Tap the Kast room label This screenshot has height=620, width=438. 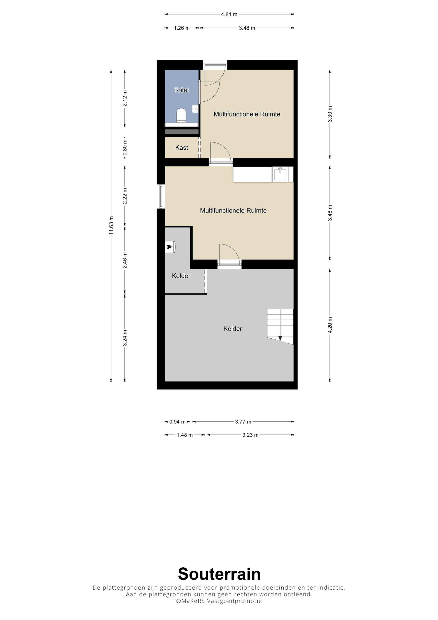[182, 147]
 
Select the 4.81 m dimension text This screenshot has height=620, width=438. [229, 14]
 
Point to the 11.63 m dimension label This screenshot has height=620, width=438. [111, 225]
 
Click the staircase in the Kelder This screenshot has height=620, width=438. [280, 326]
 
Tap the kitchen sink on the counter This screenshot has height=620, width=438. [280, 174]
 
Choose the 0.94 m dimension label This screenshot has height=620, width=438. [177, 422]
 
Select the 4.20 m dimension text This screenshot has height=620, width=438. [330, 325]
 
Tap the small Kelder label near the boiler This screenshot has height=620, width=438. [181, 276]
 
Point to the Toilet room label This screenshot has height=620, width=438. [181, 90]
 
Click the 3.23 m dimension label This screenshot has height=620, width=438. [250, 435]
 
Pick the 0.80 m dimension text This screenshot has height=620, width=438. [125, 148]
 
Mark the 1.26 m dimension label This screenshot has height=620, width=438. [182, 28]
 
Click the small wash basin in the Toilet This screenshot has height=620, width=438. [195, 109]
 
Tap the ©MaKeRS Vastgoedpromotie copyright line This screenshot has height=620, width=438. [219, 601]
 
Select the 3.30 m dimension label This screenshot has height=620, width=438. [330, 114]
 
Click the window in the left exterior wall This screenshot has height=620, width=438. [161, 196]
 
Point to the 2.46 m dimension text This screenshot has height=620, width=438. [125, 260]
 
